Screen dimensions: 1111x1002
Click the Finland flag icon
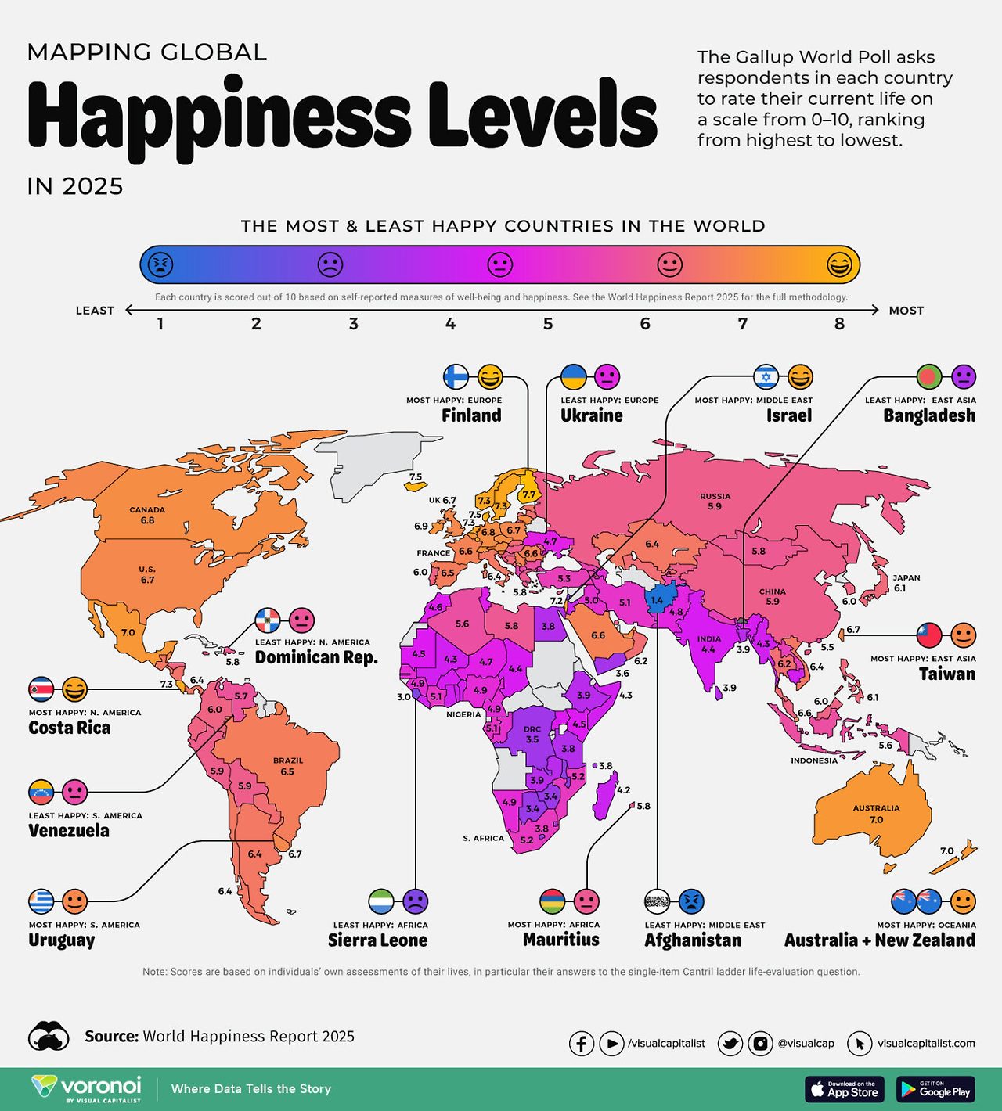click(456, 376)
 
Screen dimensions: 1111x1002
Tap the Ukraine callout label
click(591, 415)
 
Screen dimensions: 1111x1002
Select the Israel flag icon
click(766, 376)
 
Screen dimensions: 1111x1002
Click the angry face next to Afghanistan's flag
click(691, 901)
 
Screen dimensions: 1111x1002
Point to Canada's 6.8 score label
click(147, 520)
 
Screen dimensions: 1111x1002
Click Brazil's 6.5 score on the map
click(287, 771)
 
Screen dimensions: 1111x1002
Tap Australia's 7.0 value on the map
click(876, 819)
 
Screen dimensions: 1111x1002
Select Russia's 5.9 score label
click(714, 506)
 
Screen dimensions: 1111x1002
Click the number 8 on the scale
click(839, 324)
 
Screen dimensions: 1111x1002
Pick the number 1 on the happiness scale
click(160, 324)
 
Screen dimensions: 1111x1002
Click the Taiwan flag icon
click(929, 635)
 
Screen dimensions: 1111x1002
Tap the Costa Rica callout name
click(70, 728)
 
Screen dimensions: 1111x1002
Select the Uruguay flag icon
click(41, 901)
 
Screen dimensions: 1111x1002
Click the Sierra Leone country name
click(377, 940)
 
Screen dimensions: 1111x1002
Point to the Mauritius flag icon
click(553, 901)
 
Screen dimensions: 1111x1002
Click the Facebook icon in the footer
click(581, 1043)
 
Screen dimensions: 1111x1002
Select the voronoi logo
click(87, 1088)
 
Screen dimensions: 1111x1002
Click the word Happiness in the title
click(219, 117)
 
